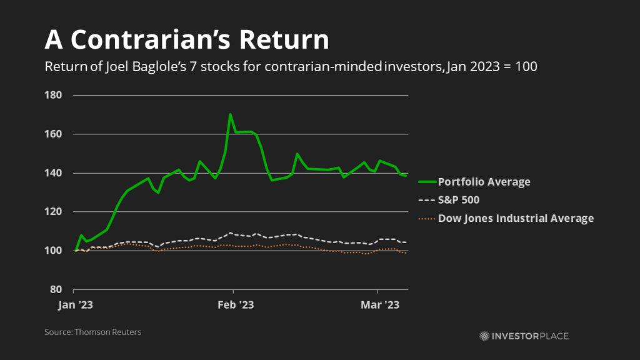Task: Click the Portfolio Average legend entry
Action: [x=484, y=182]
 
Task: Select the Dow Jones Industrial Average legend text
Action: [x=516, y=218]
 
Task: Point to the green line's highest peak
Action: [x=231, y=114]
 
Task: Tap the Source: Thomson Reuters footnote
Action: [x=92, y=332]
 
